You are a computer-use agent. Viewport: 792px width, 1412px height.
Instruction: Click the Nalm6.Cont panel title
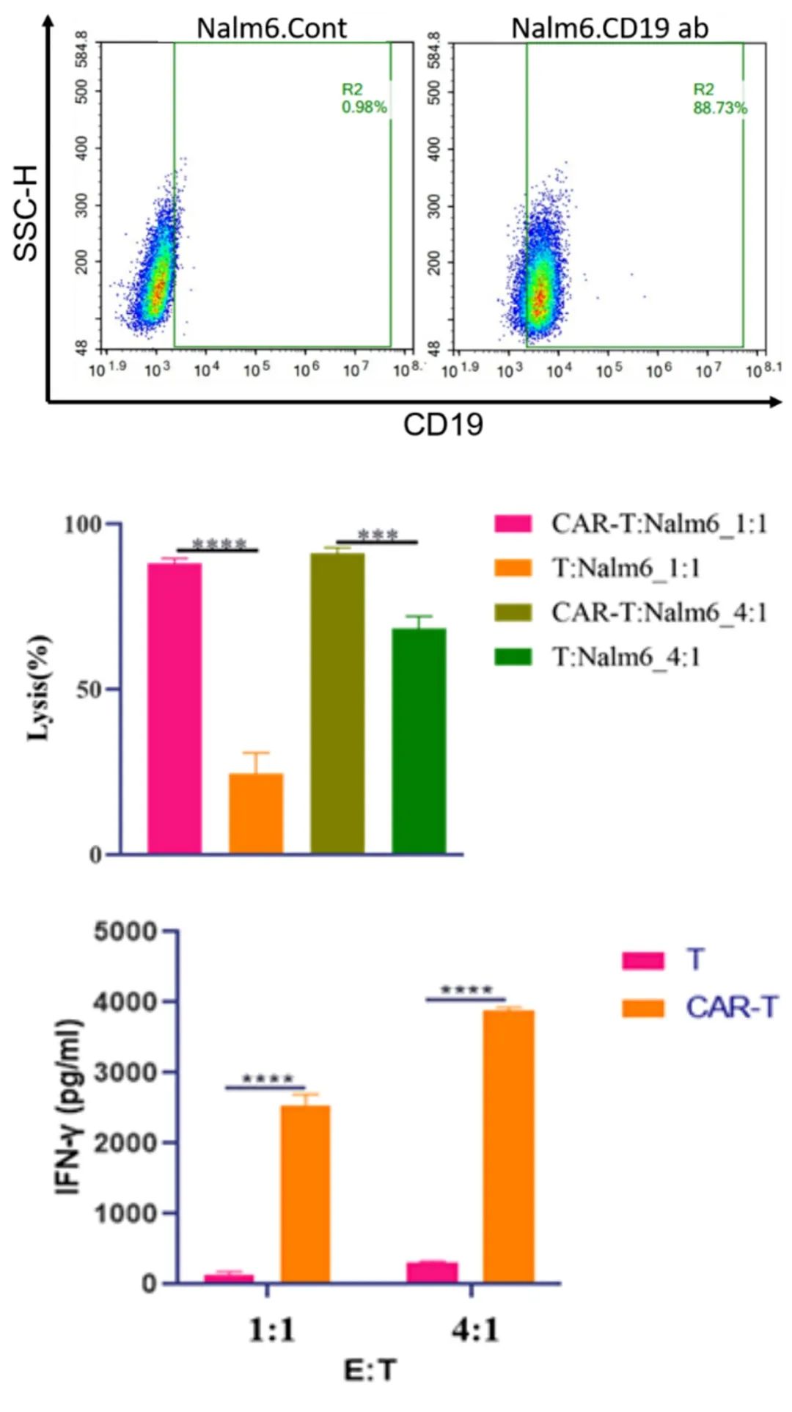pos(271,28)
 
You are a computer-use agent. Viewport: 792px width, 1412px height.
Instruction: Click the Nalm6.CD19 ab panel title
pos(609,28)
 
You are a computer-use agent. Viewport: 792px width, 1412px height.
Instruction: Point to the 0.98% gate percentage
pos(364,107)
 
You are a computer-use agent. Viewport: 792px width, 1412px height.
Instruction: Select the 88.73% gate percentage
pos(720,108)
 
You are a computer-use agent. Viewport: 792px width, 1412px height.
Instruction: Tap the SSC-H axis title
pos(26,213)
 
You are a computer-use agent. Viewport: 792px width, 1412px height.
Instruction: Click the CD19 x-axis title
pos(443,425)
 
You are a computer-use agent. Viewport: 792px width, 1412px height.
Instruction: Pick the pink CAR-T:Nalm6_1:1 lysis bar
pos(175,708)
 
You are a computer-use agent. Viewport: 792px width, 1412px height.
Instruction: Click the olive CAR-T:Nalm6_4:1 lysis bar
pos(337,703)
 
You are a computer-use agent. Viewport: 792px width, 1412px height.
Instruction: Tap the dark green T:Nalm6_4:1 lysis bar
pos(419,741)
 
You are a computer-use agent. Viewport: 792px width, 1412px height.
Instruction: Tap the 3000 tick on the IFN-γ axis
pos(125,1072)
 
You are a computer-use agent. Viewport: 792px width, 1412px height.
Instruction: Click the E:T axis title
pos(370,1369)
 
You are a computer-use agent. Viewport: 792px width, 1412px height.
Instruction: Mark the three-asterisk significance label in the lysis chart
pos(377,535)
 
